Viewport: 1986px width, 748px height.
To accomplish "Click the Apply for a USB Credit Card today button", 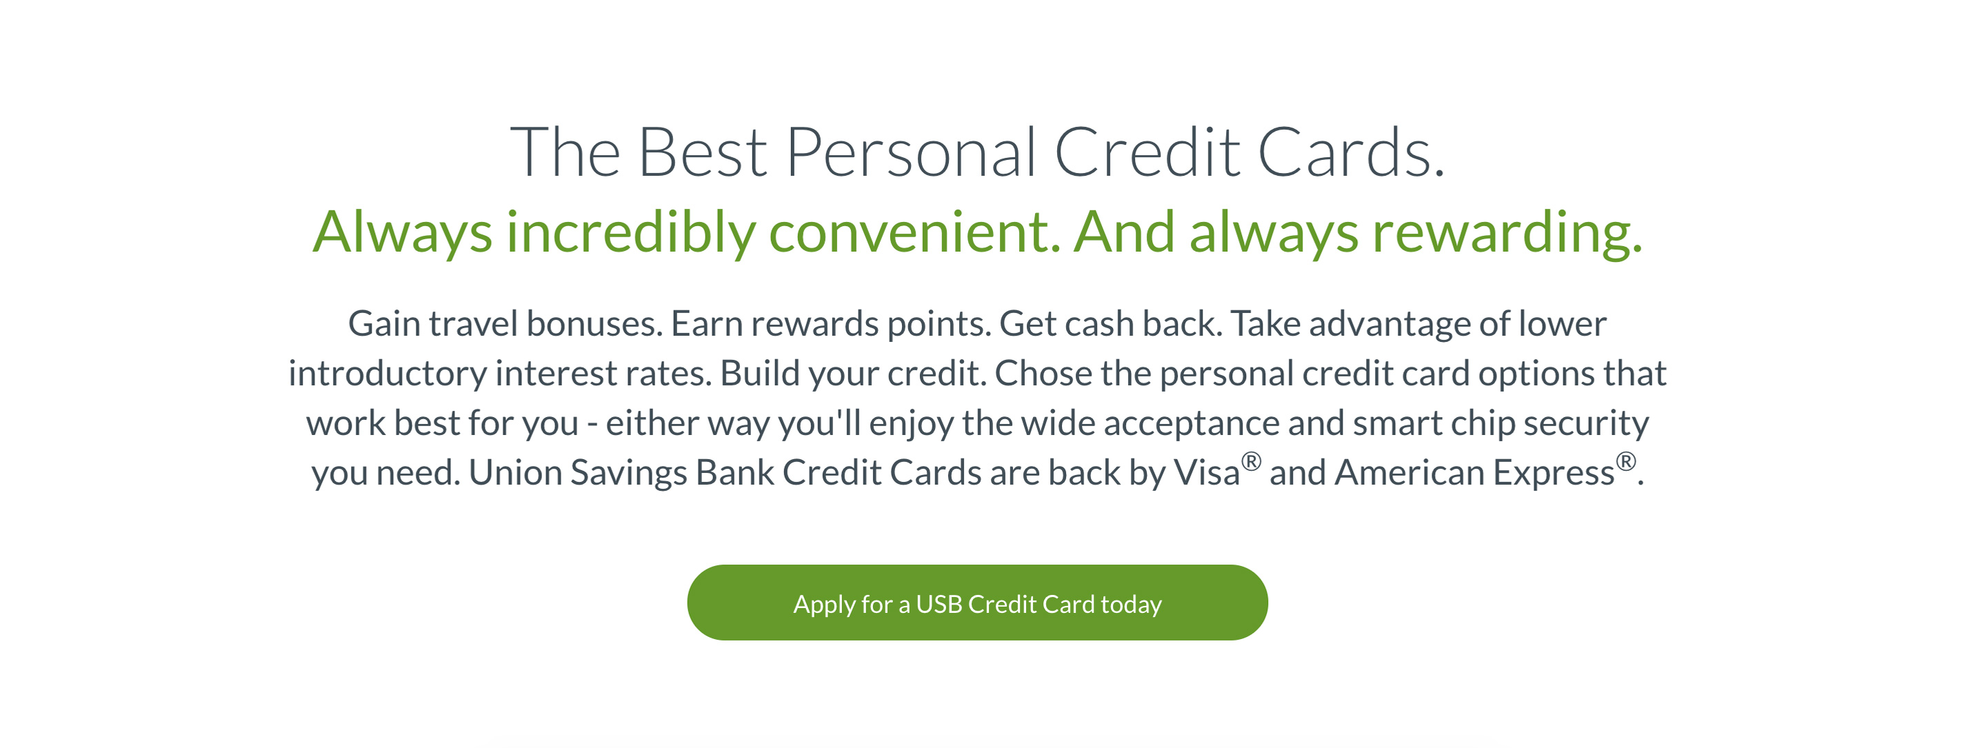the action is tap(977, 603).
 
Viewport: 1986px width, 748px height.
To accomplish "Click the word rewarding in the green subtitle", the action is tap(1507, 232).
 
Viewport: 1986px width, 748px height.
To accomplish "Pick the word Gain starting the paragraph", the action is tap(384, 323).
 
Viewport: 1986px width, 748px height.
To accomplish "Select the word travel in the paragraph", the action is tap(473, 323).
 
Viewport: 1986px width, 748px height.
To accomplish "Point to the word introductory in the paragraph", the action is tap(388, 373).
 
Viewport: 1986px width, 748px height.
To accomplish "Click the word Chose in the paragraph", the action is tap(1043, 373).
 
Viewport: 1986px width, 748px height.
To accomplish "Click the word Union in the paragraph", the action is tap(515, 473).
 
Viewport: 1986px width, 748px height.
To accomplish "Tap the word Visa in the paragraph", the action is tap(1207, 473).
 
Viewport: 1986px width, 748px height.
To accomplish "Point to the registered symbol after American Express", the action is tap(1626, 461).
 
